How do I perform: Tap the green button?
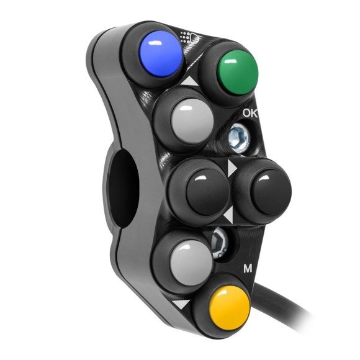238,70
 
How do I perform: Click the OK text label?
251,114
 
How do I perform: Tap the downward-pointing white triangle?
182,305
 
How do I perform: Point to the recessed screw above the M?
218,241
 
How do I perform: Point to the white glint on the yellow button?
224,297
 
